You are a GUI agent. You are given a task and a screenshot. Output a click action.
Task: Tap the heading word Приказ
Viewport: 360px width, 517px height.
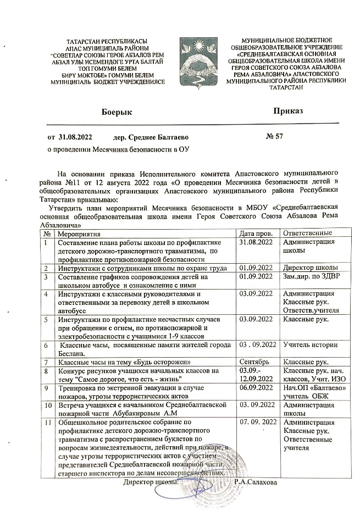click(289, 112)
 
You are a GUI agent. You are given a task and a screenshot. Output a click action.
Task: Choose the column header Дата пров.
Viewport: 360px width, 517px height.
click(257, 235)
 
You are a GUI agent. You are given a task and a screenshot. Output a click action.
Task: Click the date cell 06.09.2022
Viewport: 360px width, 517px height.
click(257, 388)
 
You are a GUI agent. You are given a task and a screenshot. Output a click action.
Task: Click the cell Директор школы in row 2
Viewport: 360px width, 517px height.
click(306, 268)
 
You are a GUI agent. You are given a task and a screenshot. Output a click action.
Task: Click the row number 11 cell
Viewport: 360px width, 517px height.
click(47, 422)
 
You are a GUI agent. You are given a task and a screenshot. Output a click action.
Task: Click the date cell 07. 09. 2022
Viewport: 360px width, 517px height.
click(257, 422)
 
